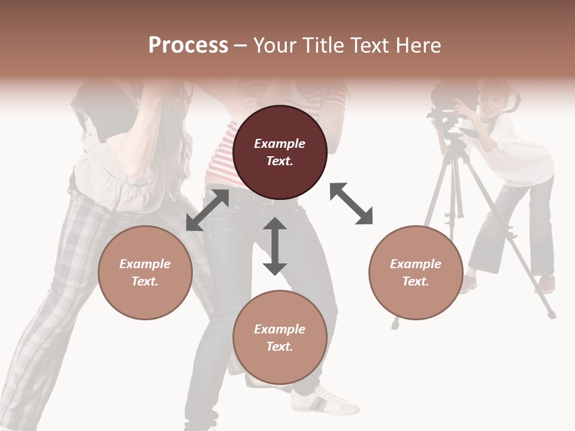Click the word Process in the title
pos(188,45)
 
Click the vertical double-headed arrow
pos(275,246)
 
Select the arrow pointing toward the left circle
pos(207,210)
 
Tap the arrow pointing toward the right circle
pos(352,204)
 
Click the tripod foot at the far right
pos(551,314)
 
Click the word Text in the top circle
pos(280,161)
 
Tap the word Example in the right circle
pos(416,264)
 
